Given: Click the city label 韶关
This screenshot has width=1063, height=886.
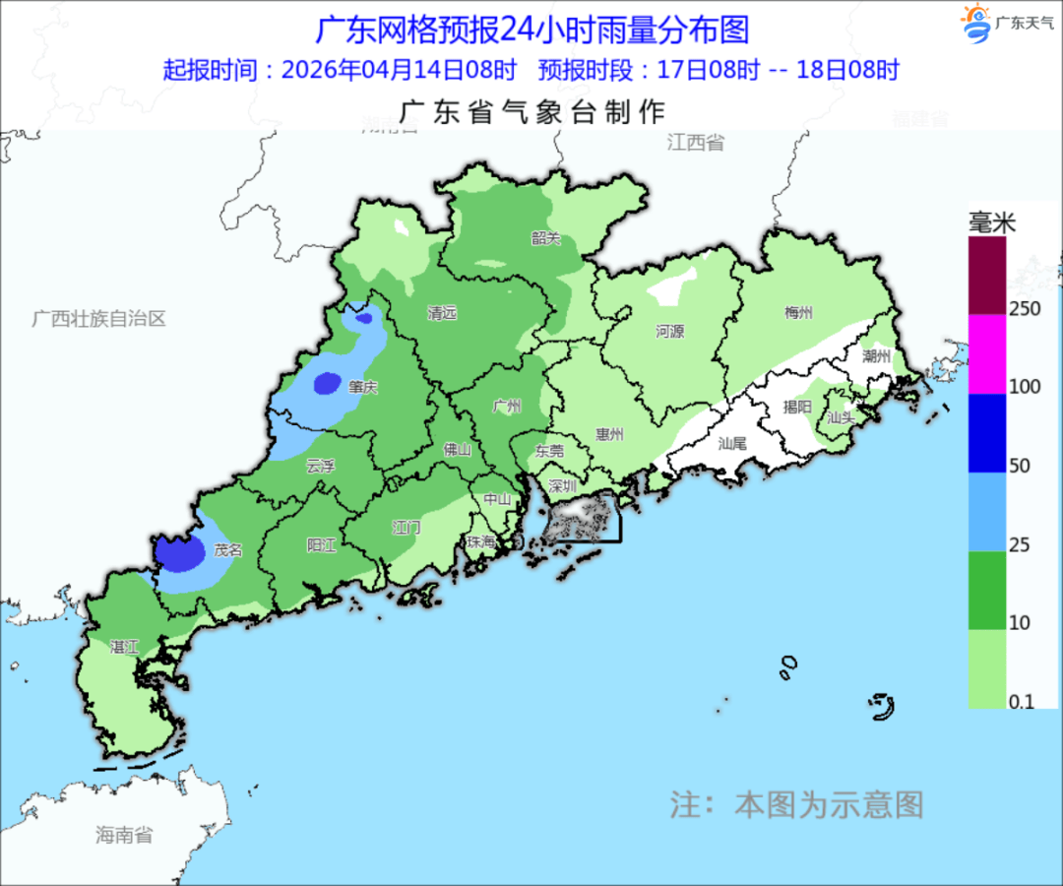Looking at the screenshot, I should [545, 237].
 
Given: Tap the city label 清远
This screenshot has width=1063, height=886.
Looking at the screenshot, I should [442, 313].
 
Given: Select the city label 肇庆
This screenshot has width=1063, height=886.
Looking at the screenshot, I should [362, 387].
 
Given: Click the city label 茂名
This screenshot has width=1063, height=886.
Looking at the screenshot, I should [228, 550].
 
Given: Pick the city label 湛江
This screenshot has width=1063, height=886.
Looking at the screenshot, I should [124, 647].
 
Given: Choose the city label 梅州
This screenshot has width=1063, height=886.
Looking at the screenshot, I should [798, 313].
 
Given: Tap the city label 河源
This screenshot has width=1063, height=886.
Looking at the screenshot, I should [669, 332].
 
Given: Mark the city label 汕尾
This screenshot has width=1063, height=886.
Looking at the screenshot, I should [733, 443].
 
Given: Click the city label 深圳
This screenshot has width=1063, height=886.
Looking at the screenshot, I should [562, 486].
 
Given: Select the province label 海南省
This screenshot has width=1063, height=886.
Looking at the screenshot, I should [124, 835].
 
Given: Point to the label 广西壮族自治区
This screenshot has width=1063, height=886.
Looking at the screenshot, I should [98, 319].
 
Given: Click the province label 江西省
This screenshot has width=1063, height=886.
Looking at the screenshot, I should [695, 143].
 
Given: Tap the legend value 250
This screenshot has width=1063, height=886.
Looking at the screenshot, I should [1025, 308].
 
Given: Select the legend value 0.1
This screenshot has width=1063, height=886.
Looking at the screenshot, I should [1020, 701].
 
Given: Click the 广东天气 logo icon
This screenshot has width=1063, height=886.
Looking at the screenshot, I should [976, 23].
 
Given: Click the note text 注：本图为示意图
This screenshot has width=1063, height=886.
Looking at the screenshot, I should [797, 804].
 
